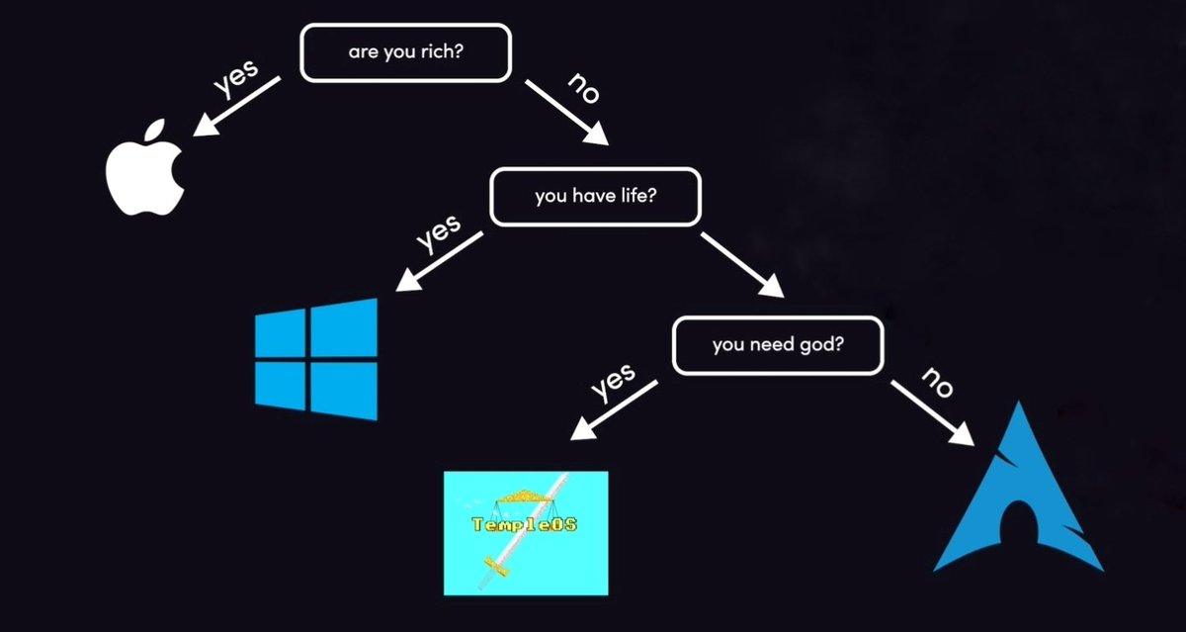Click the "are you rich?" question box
pos(405,52)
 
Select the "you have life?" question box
pos(596,197)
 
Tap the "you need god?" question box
pos(778,345)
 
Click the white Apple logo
pos(145,167)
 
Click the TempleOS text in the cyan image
pos(524,524)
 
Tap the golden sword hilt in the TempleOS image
pos(496,566)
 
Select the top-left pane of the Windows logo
pos(280,333)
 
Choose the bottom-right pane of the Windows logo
pos(344,391)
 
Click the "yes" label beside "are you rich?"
pos(236,78)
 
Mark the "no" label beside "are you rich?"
pos(584,88)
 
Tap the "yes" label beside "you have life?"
pos(439,232)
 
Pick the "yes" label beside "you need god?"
pos(613,382)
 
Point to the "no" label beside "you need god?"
pos(938,382)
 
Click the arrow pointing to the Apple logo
pos(236,107)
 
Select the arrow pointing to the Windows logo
pos(440,262)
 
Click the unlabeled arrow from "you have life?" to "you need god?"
pos(742,265)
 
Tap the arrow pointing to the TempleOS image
pos(614,410)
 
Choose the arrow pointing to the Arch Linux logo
pos(932,413)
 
